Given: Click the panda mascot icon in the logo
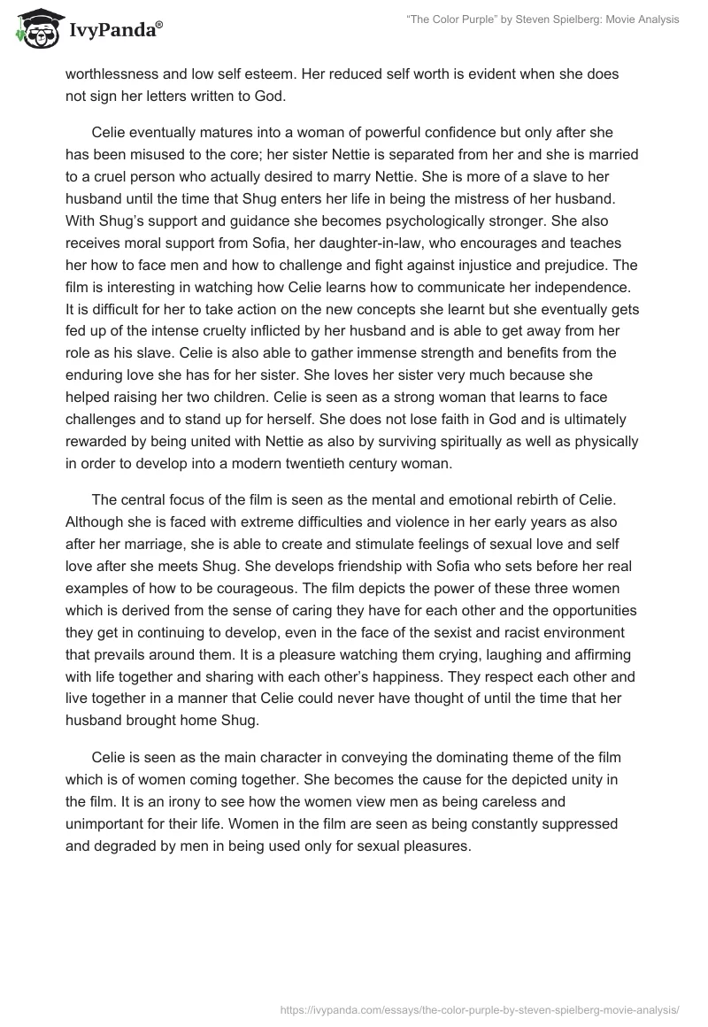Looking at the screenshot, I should pyautogui.click(x=35, y=29).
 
